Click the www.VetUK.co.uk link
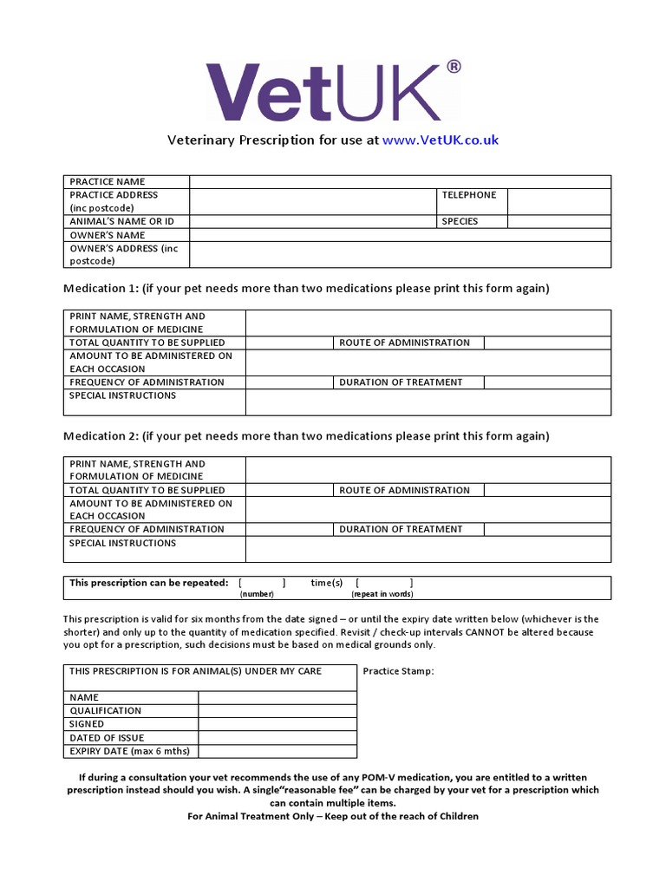[x=440, y=140]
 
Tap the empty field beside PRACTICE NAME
[x=400, y=182]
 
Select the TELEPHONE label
[x=469, y=195]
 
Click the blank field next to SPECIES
[x=558, y=222]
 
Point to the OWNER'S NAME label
[x=108, y=235]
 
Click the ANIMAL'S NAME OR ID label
[x=121, y=222]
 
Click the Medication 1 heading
[x=306, y=288]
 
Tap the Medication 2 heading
[x=306, y=435]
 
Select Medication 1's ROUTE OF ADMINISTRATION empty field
[x=546, y=343]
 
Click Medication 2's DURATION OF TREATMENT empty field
[x=546, y=529]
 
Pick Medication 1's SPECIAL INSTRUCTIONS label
[x=122, y=395]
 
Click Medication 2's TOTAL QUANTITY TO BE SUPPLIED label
[x=147, y=490]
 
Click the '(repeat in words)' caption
[x=382, y=594]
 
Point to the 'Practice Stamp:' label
[x=398, y=671]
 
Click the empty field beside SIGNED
[x=277, y=724]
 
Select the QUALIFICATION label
[x=105, y=711]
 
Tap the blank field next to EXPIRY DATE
[x=277, y=751]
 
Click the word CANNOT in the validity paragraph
[x=487, y=632]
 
